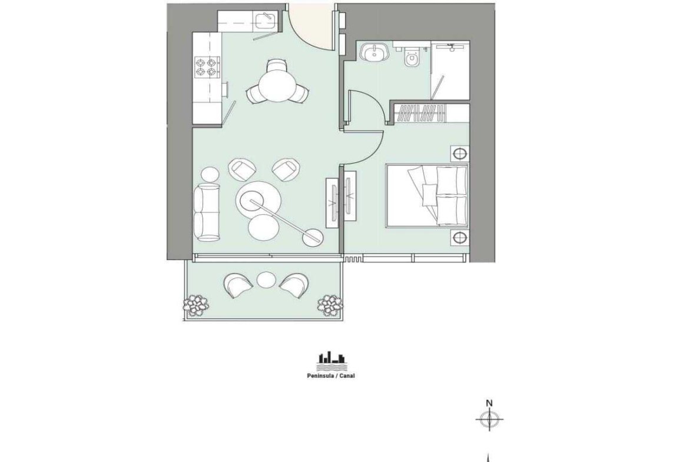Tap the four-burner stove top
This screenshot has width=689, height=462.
(207, 67)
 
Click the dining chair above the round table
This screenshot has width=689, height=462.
(277, 67)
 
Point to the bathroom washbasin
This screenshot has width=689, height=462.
(375, 52)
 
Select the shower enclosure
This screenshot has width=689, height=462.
(450, 70)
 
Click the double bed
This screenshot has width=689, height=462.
(427, 196)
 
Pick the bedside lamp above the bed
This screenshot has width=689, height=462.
(460, 154)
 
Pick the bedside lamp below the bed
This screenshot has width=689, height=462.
(460, 238)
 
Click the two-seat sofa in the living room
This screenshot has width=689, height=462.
(207, 212)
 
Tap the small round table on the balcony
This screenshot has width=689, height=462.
(266, 280)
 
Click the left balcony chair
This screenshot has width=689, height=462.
(238, 285)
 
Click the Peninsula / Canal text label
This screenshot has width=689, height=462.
(330, 376)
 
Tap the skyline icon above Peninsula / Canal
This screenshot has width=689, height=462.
(332, 361)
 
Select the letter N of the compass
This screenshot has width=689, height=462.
(489, 403)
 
